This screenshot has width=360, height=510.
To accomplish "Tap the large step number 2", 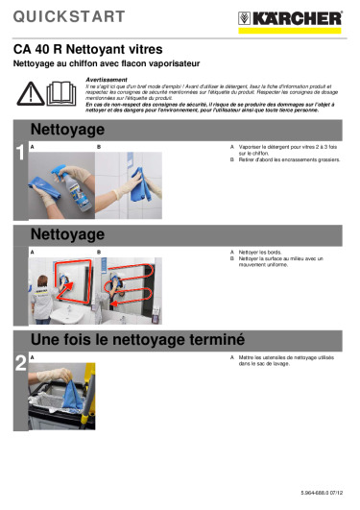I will [x=19, y=362].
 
